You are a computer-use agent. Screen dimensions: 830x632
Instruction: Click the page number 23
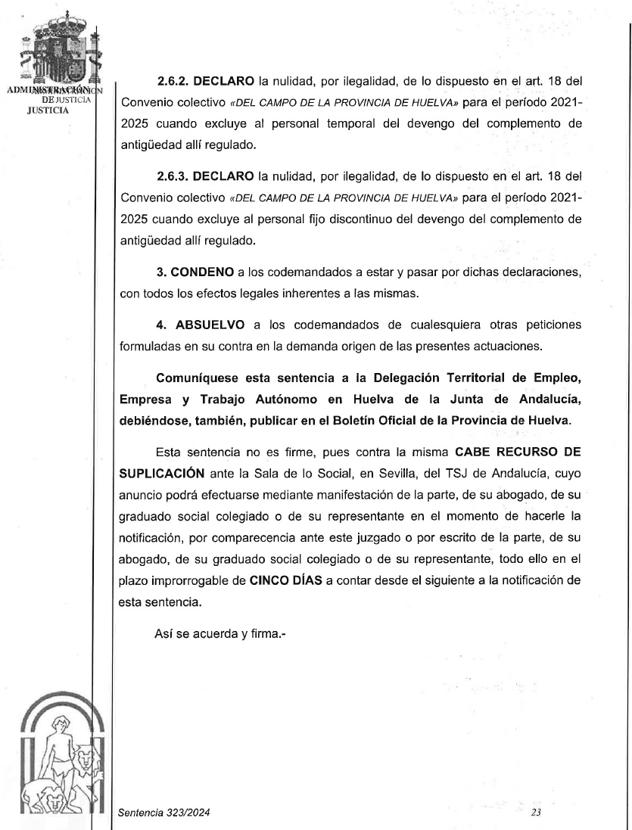[x=536, y=813]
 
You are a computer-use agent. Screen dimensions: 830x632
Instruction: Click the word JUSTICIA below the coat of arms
[x=47, y=109]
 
